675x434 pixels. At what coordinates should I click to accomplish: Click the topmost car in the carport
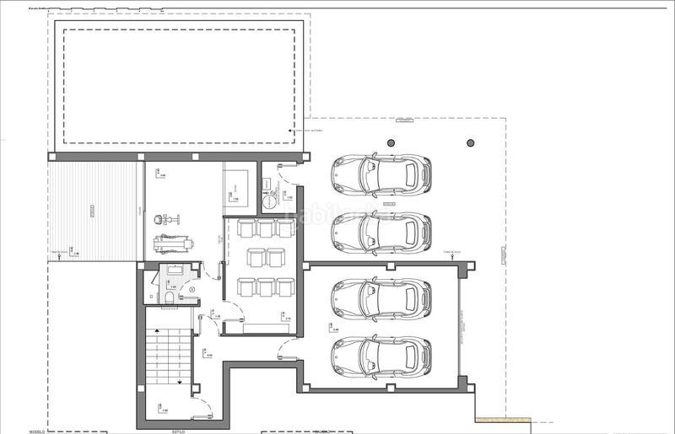(382, 174)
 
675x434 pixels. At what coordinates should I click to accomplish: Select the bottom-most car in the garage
(382, 356)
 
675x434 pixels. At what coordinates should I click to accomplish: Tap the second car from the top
(382, 232)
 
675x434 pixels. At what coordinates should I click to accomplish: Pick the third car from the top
(382, 298)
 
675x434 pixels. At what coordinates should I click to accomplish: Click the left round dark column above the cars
(390, 143)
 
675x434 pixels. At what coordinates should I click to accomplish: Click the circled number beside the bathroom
(192, 291)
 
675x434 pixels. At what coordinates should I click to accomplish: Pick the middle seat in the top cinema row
(265, 228)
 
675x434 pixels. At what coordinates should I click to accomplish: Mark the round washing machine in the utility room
(269, 200)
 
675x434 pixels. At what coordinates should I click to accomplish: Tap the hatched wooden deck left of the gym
(91, 211)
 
